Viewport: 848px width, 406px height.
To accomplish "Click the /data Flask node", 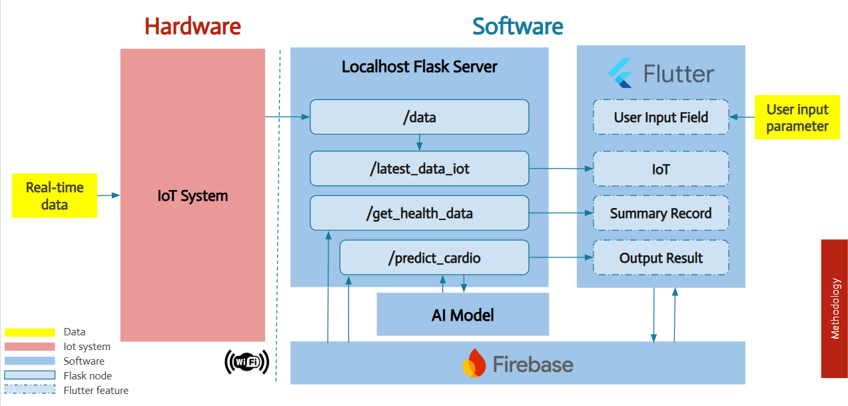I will pos(419,117).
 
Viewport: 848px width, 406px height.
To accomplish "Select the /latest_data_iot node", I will pos(419,169).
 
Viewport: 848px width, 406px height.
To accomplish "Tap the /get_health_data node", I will pos(419,213).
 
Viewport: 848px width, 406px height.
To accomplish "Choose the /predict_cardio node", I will pos(434,257).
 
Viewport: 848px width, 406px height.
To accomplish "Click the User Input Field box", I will pos(661,117).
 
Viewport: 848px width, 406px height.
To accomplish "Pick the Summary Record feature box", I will pos(661,213).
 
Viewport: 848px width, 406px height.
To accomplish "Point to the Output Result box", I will pos(661,258).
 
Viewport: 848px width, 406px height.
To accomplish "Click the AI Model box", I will pos(462,314).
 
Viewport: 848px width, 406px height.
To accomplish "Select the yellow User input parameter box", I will pos(797,117).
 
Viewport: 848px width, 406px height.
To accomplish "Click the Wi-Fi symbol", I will pos(247,362).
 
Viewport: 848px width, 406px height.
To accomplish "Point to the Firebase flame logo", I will pos(474,363).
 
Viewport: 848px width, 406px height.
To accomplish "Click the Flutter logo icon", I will pos(620,73).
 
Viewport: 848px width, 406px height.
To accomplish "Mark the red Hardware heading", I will pos(193,26).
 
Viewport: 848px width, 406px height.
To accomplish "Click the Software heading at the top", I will pos(518,26).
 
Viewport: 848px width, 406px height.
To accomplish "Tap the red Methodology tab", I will pos(834,309).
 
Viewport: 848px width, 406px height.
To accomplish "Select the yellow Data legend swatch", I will pos(29,332).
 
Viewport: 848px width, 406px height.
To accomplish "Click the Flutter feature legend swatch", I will pos(29,390).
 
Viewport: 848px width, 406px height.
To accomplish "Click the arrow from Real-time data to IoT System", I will pos(109,195).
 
